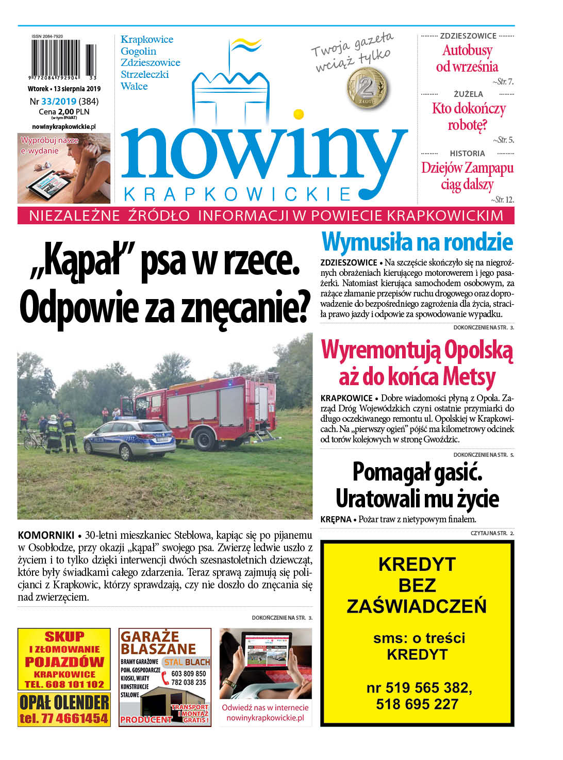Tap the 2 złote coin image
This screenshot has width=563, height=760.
click(x=368, y=88)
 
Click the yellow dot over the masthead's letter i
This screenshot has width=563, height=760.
click(x=298, y=114)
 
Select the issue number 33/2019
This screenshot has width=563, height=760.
click(x=59, y=102)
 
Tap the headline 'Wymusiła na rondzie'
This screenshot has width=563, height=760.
click(x=417, y=242)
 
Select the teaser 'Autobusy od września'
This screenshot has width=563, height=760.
click(x=467, y=58)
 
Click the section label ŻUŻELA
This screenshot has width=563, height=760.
click(x=468, y=94)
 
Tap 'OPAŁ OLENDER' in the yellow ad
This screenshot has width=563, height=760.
click(x=64, y=702)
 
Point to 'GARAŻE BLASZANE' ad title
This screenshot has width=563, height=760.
click(x=158, y=642)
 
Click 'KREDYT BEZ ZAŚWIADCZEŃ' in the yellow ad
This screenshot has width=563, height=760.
click(x=417, y=585)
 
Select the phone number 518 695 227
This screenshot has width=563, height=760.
click(x=417, y=704)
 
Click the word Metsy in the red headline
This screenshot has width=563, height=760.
click(x=469, y=377)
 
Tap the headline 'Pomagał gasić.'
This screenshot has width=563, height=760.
click(x=417, y=472)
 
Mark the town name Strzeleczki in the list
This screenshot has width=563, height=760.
click(x=145, y=74)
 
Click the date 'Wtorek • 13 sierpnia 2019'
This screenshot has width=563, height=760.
click(x=64, y=89)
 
